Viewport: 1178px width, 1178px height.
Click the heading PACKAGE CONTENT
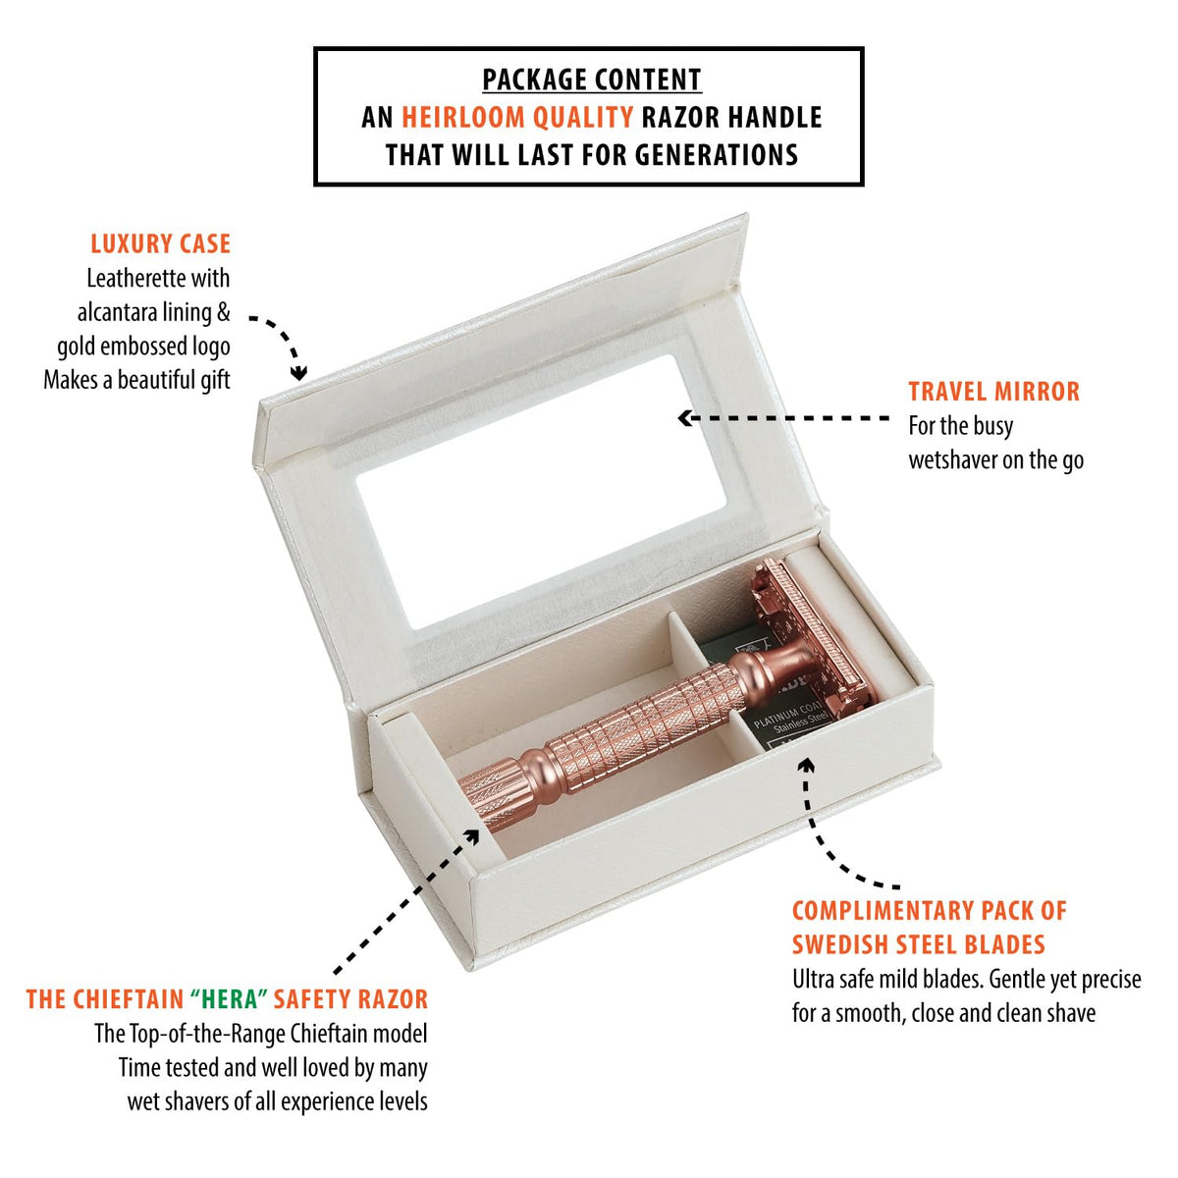(591, 80)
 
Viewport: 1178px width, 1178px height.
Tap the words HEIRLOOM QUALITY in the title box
(517, 118)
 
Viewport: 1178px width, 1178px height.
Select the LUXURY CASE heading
(161, 243)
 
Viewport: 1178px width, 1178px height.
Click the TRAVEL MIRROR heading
(993, 392)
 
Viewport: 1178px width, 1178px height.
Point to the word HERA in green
(230, 999)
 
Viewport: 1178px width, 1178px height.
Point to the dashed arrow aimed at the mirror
(783, 418)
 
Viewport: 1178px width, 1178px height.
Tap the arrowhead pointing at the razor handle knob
(472, 836)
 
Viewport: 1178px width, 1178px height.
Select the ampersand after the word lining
(223, 313)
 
